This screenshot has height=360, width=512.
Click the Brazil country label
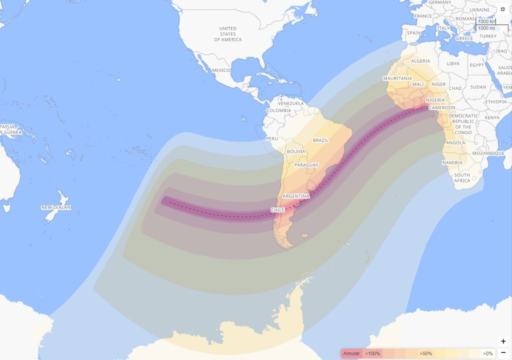tap(320, 140)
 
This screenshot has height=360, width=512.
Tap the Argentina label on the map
tap(296, 196)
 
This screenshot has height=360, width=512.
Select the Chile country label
tap(277, 210)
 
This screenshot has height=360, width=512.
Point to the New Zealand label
tap(56, 207)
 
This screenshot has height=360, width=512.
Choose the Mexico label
tap(220, 70)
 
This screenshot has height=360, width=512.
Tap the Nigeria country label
tap(435, 100)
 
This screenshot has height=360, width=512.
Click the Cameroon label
tap(442, 107)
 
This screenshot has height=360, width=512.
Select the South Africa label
tap(462, 178)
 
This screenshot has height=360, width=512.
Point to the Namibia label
tap(452, 163)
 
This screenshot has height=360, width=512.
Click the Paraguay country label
tap(306, 165)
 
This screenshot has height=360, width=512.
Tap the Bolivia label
tap(296, 151)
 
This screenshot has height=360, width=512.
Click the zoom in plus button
tap(503, 341)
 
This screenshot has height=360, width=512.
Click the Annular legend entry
tap(351, 353)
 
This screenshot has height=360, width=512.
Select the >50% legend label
tap(426, 353)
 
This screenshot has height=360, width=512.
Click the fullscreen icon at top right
tap(503, 9)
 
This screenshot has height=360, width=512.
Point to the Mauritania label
tap(397, 78)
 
